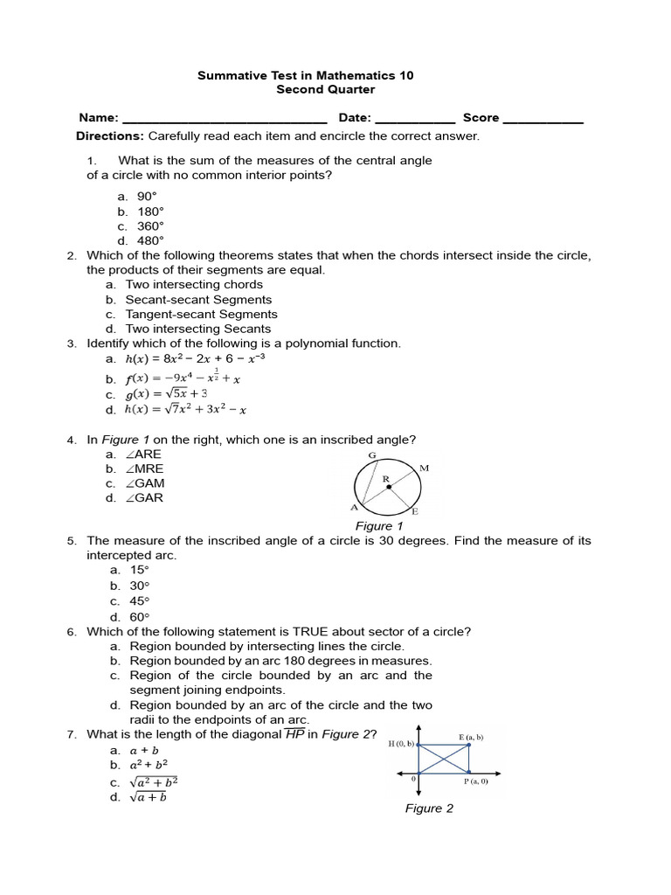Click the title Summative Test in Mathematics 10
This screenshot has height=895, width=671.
click(x=305, y=75)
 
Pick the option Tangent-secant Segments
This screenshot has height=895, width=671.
click(x=201, y=314)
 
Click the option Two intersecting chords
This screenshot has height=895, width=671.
click(x=193, y=284)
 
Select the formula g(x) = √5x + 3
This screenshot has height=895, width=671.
click(x=168, y=393)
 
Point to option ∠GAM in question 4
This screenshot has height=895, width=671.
click(x=145, y=483)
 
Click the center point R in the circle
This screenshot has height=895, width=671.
click(x=389, y=487)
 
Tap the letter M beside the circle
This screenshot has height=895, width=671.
click(x=425, y=468)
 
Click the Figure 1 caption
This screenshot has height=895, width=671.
click(x=378, y=526)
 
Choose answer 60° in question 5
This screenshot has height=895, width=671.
click(x=140, y=616)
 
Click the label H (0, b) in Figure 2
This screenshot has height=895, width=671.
click(x=401, y=744)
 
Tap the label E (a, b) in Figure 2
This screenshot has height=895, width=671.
click(x=470, y=737)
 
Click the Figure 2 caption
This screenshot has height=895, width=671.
click(x=429, y=808)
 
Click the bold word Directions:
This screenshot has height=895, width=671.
click(x=110, y=136)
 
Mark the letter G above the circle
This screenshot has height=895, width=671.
click(x=372, y=455)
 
